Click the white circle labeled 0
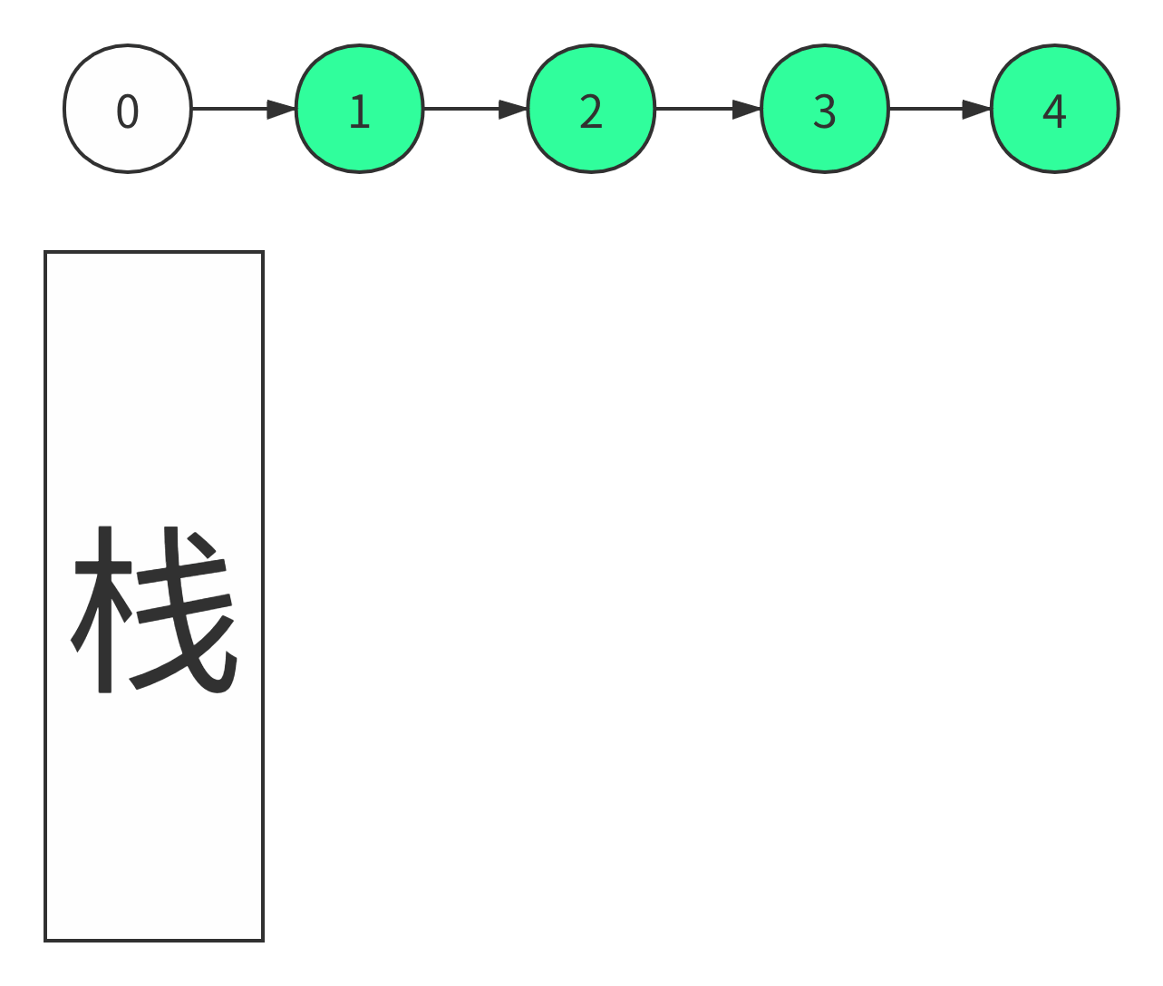[x=128, y=109]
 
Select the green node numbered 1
[x=360, y=109]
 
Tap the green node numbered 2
[x=591, y=109]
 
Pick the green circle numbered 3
[x=825, y=109]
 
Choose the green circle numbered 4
[x=1055, y=109]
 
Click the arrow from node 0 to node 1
[x=244, y=109]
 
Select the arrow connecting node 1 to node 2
[x=476, y=109]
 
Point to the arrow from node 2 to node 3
[x=709, y=109]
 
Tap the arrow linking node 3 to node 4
[x=941, y=109]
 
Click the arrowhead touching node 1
[x=281, y=109]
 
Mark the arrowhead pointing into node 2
[x=513, y=109]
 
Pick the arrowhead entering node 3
[x=747, y=109]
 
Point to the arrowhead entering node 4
[x=977, y=109]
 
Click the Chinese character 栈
[x=153, y=609]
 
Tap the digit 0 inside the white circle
[x=128, y=111]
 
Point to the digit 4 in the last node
[x=1054, y=111]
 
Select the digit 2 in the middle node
[x=591, y=111]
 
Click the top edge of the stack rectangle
[x=154, y=252]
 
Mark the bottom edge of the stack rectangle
[x=154, y=940]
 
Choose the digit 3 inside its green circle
[x=825, y=111]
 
